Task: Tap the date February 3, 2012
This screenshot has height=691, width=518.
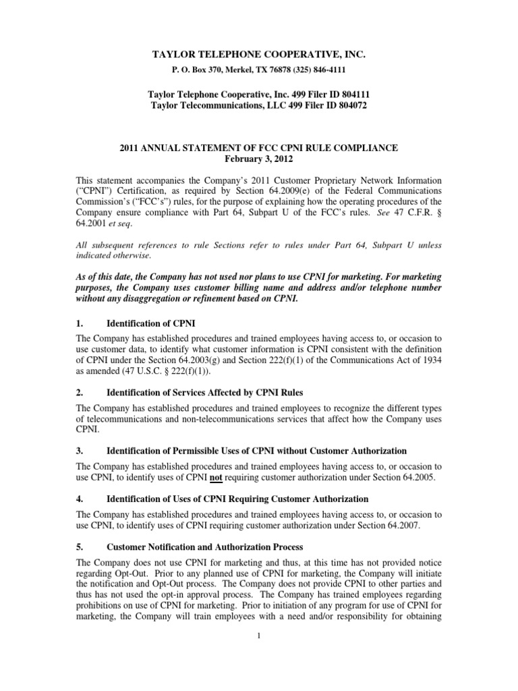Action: point(258,159)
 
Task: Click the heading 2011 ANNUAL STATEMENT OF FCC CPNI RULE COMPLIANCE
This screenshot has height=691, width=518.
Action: point(258,148)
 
